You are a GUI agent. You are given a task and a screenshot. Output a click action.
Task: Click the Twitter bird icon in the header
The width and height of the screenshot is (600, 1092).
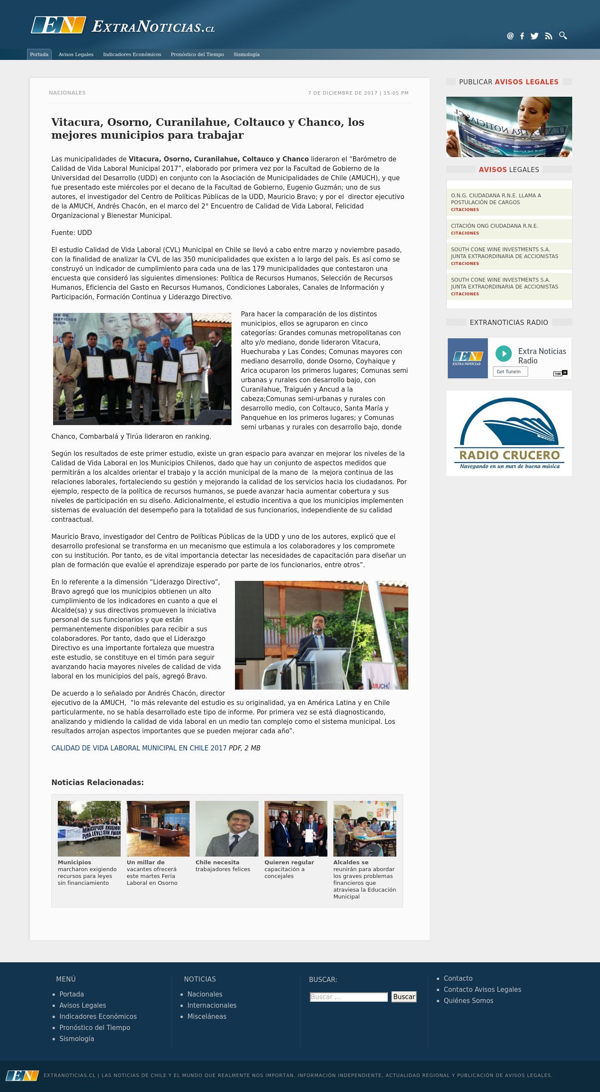tap(535, 36)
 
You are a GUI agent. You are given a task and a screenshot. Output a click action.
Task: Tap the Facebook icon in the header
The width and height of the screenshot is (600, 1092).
tap(522, 36)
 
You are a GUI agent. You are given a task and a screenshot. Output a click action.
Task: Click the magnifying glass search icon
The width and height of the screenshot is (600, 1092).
tap(563, 36)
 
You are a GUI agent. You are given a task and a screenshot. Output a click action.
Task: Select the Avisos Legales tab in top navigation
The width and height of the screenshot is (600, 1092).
tap(76, 54)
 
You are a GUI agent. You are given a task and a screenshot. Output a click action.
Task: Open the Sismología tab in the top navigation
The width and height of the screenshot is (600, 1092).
tap(247, 54)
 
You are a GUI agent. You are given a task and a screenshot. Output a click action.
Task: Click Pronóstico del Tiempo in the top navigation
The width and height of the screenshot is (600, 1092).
tap(197, 54)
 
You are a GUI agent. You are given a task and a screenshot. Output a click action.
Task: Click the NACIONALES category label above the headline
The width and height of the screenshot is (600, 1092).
tap(67, 93)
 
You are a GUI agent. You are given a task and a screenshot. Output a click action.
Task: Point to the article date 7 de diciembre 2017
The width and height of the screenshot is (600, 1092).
tap(358, 93)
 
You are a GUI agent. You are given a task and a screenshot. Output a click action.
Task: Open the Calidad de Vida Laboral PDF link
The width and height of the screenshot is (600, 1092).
tap(139, 748)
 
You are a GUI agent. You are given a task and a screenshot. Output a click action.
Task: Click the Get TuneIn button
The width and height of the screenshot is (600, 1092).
tap(510, 372)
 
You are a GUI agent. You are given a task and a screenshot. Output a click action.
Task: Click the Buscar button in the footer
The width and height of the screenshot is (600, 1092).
tap(404, 997)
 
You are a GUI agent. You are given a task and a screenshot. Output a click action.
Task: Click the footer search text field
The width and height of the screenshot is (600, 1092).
tap(348, 997)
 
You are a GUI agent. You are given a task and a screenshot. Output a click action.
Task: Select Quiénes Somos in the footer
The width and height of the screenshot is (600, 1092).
tap(468, 1000)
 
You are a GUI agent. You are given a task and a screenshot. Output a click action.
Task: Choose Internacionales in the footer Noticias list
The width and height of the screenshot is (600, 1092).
tap(212, 1005)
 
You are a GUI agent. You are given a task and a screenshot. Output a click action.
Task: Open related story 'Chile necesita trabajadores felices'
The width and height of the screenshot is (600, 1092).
tap(223, 866)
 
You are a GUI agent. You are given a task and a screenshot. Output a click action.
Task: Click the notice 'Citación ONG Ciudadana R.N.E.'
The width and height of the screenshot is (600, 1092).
tap(494, 226)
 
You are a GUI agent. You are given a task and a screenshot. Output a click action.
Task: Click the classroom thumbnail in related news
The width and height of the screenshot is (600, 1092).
tap(365, 828)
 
